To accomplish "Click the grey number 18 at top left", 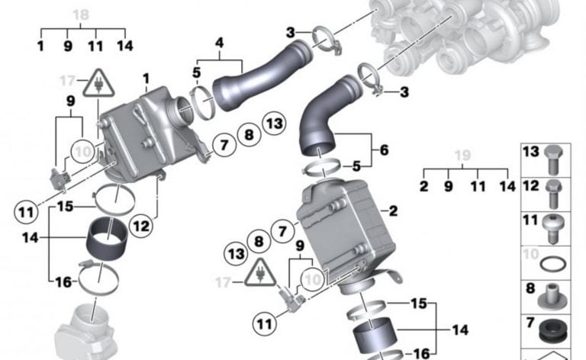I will coord(80,14).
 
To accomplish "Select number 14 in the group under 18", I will coord(125,46).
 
